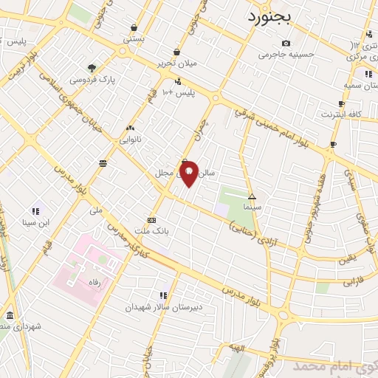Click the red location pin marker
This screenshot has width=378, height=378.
tap(189, 173)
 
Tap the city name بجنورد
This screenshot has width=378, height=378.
tap(275, 16)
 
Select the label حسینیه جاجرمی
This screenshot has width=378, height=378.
tap(290, 54)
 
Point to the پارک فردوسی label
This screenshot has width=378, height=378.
tap(93, 78)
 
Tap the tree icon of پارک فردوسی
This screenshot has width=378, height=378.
tap(92, 67)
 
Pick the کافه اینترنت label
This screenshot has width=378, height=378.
tap(340, 114)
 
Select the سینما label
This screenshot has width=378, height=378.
tap(256, 207)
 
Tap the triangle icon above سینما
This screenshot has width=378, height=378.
tap(252, 196)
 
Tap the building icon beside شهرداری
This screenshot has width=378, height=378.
tap(8, 314)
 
